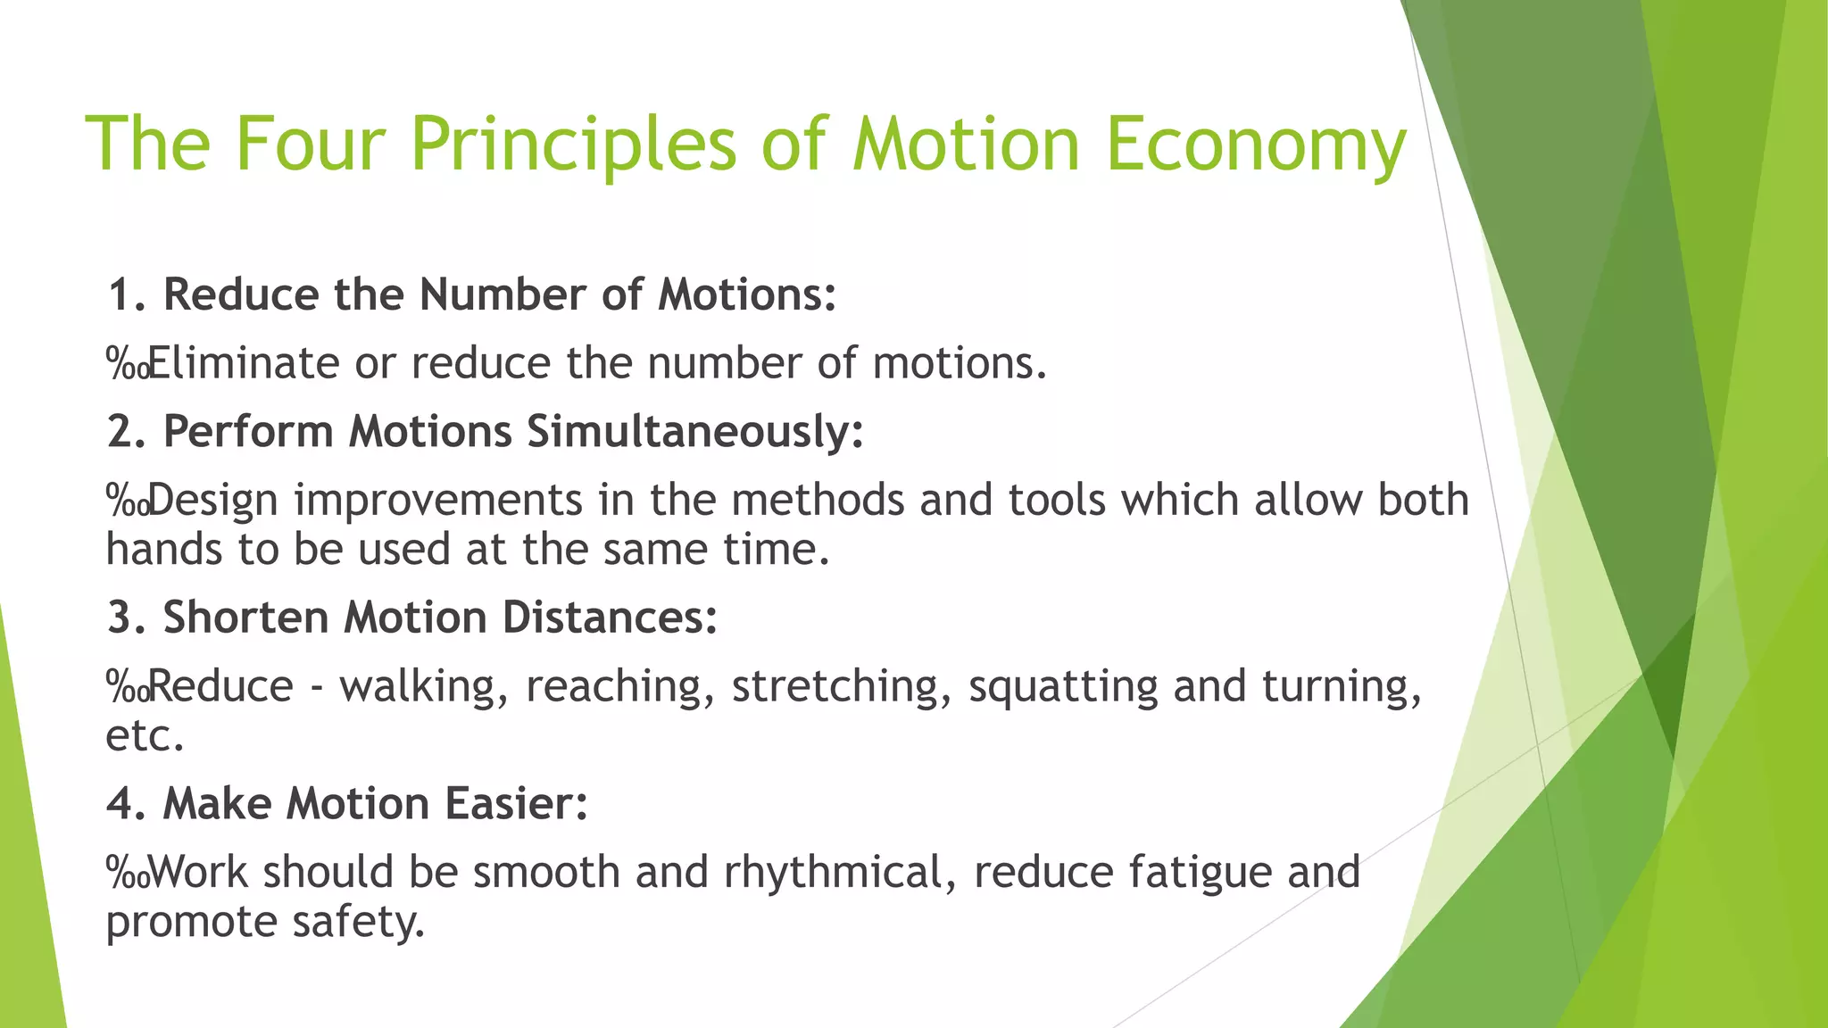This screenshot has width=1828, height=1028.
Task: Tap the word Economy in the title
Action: (1256, 145)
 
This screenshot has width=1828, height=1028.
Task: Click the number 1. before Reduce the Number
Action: (127, 294)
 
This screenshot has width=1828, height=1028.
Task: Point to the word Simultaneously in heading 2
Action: (694, 432)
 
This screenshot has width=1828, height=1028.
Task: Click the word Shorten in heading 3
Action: (245, 618)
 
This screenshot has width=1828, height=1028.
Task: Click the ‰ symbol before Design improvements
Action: (127, 501)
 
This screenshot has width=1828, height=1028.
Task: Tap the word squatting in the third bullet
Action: (1063, 687)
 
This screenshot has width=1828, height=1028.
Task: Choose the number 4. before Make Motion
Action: (127, 803)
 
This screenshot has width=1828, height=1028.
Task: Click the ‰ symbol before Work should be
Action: (127, 873)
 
